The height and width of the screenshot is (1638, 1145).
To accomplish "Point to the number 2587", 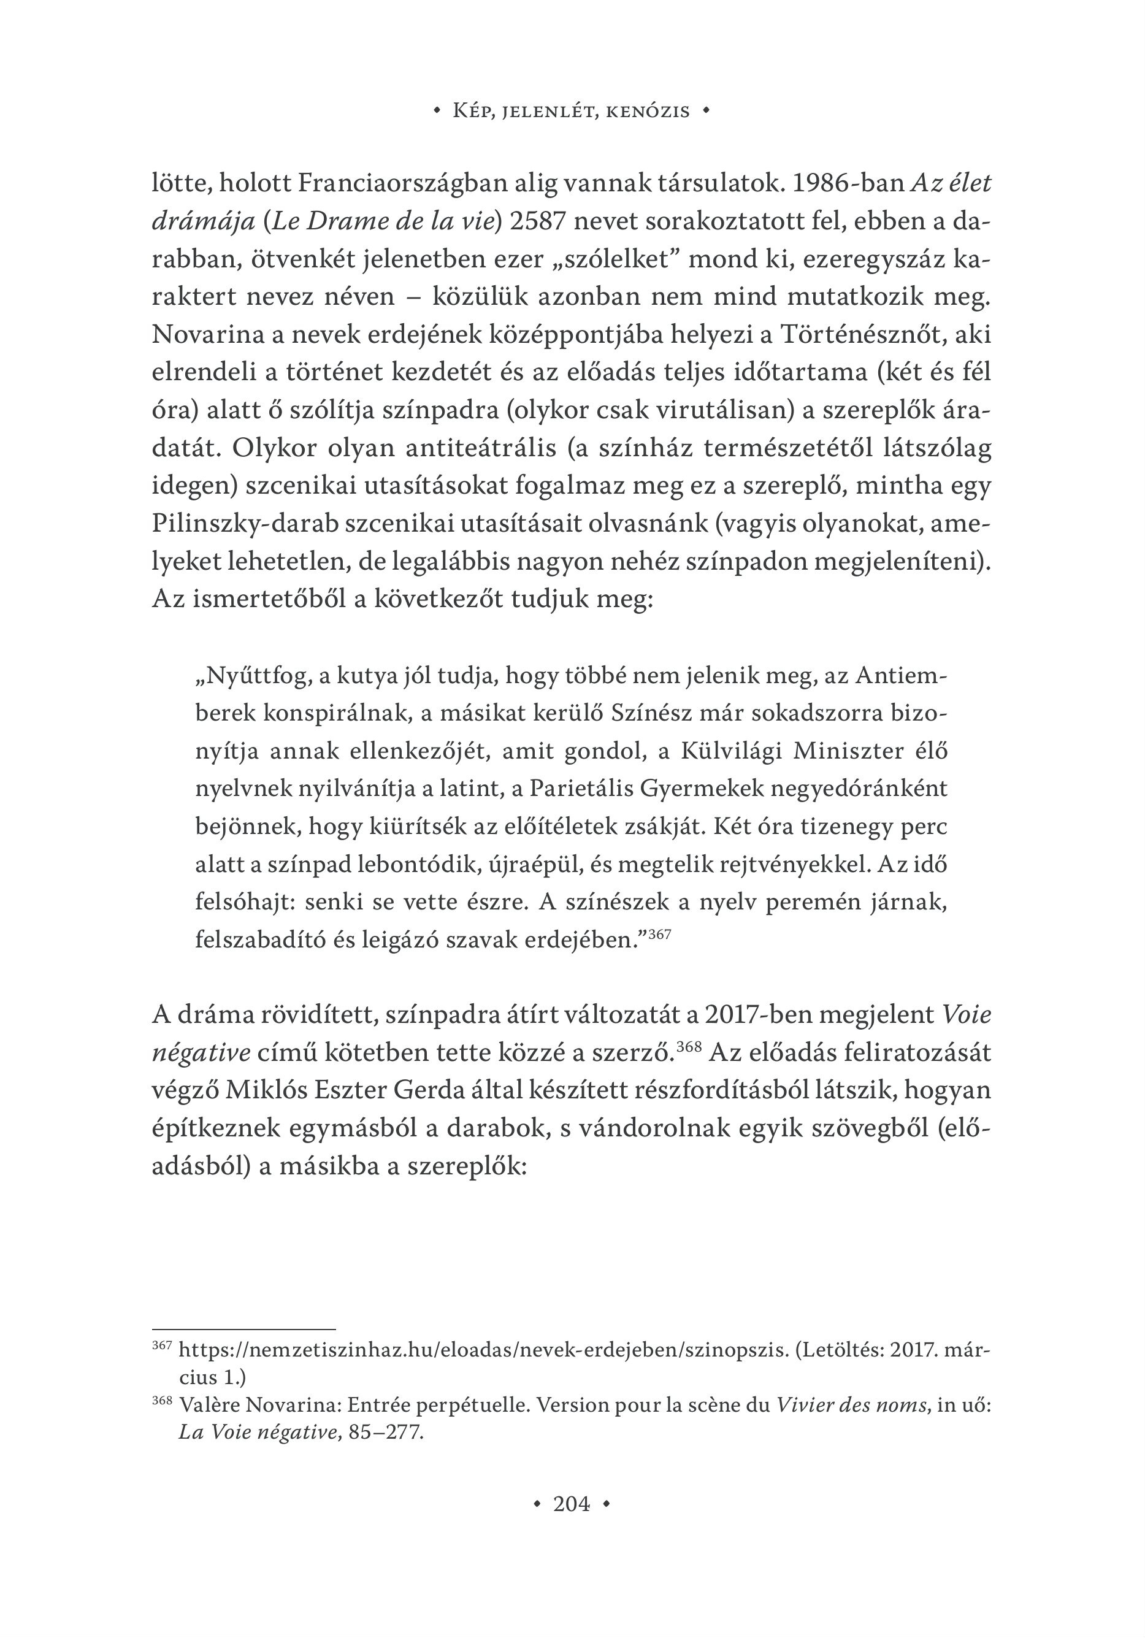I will coord(539,221).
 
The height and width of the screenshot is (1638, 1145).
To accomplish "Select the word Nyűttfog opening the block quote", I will coord(252,675).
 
